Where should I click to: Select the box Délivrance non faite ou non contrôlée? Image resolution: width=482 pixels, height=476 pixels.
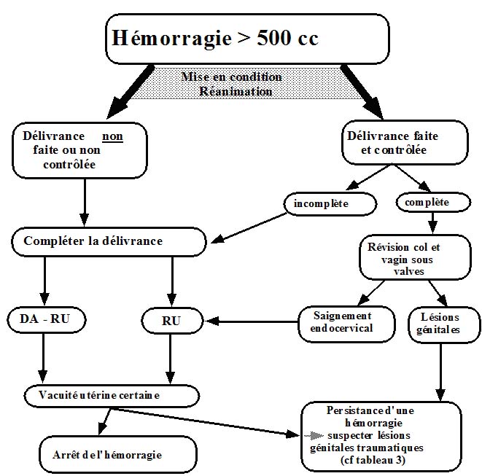pos(79,149)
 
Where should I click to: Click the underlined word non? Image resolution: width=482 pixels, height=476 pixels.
pos(112,136)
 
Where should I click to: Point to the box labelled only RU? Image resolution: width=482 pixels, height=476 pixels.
pos(171,320)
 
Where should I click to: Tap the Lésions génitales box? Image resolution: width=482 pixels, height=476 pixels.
pos(440,323)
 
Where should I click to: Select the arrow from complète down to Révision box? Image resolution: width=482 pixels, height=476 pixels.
pos(432,221)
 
